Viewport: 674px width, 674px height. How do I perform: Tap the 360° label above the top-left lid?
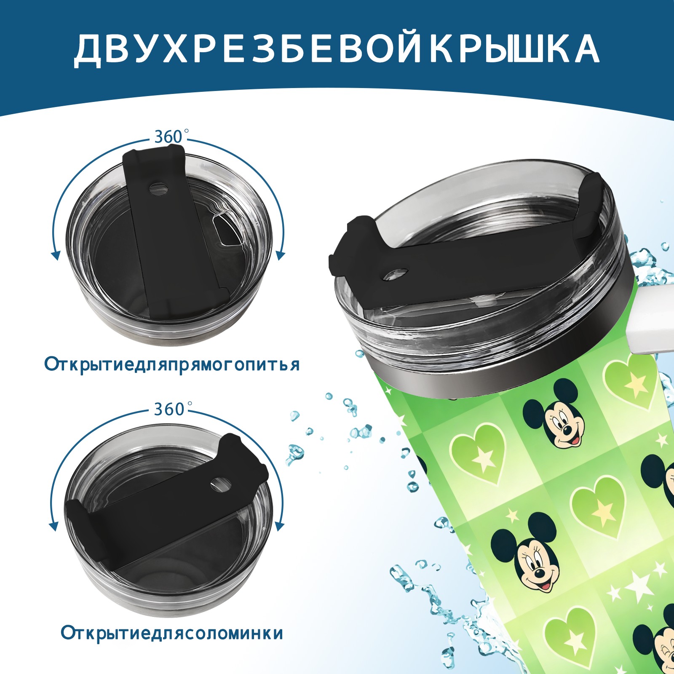[x=169, y=137]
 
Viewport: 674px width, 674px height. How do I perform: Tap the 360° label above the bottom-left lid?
[x=169, y=409]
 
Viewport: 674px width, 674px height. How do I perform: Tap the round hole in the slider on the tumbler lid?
[x=396, y=274]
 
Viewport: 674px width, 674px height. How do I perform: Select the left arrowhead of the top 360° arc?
[x=55, y=255]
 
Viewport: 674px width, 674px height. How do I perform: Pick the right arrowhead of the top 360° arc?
[x=281, y=255]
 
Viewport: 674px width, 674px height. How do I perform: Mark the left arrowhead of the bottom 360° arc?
[x=53, y=526]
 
